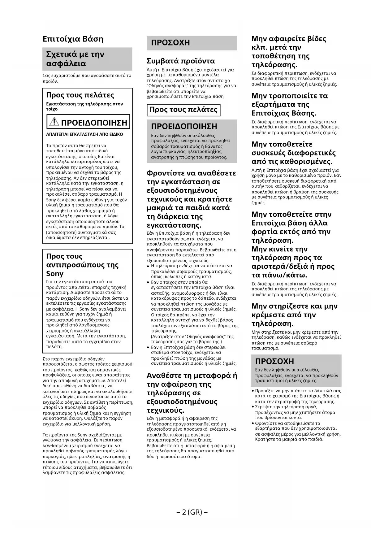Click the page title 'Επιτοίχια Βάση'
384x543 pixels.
(x=73, y=39)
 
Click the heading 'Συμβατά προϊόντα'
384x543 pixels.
(x=181, y=61)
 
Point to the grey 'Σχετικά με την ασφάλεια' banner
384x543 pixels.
(x=87, y=59)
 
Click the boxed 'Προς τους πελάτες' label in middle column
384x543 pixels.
(x=183, y=110)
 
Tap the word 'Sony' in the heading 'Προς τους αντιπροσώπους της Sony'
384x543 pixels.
(x=55, y=274)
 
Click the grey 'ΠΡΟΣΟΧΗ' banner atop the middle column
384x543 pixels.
(x=192, y=43)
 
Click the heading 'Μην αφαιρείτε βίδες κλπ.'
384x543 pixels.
(x=288, y=52)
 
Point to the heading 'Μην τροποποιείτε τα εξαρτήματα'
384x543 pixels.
(x=289, y=104)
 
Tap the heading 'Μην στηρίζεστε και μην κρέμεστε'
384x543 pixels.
(x=294, y=315)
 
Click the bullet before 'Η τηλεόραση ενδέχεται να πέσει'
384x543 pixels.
(x=148, y=266)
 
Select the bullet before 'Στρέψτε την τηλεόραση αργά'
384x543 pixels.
(x=253, y=407)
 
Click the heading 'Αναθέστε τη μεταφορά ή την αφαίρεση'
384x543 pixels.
(x=192, y=393)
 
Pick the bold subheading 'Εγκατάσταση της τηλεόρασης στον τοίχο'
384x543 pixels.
(x=84, y=106)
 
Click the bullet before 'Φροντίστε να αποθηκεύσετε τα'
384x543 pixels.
(x=253, y=423)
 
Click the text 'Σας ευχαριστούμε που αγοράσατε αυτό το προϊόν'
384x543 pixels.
(x=87, y=78)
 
